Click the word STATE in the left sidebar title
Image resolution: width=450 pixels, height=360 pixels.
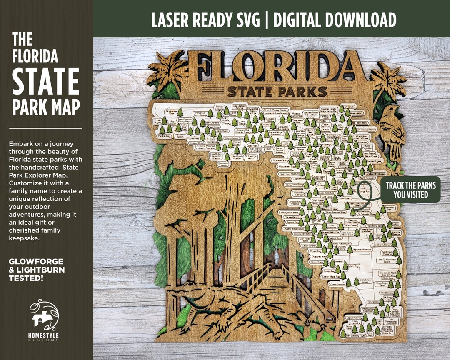point(45,81)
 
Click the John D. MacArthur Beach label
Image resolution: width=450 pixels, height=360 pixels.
point(382,260)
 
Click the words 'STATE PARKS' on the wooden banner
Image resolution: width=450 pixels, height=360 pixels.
point(277,91)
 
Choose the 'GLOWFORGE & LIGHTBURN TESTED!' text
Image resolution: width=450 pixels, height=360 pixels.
point(36,270)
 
